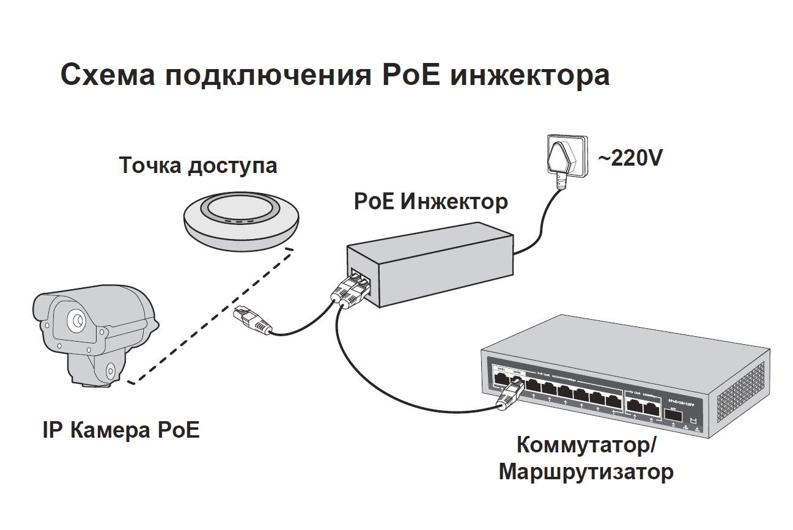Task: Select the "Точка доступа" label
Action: (197, 166)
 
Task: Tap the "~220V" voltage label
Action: (630, 159)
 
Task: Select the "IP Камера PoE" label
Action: (121, 430)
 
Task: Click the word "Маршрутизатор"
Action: (586, 472)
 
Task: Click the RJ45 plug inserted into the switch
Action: (509, 394)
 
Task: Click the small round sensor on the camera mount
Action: (110, 370)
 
